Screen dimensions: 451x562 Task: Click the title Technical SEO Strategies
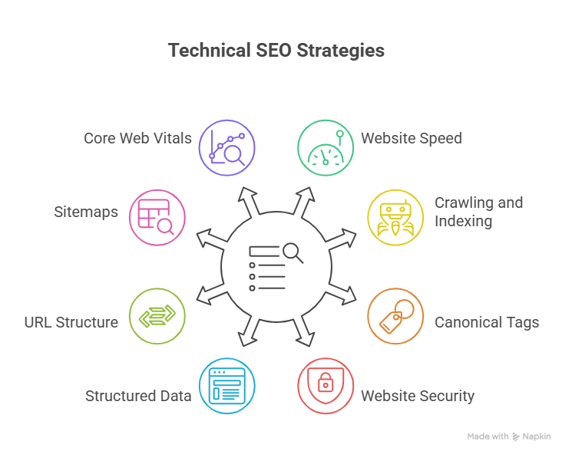coord(276,51)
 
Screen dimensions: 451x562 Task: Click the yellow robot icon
coord(395,217)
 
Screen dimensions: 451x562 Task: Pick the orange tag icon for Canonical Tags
coord(395,316)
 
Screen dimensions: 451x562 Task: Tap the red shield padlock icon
coord(326,386)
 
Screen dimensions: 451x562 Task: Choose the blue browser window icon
coord(227,386)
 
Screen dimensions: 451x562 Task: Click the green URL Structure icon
coord(157,316)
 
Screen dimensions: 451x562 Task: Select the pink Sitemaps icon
coord(157,217)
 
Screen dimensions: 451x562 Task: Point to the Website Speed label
coord(412,139)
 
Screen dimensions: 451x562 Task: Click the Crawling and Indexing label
coord(478,212)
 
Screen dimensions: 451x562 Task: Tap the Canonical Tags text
coord(487,322)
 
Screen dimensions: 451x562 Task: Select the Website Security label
coord(418,397)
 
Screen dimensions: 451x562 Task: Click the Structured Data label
coord(138,397)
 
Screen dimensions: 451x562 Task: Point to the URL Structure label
coord(71,322)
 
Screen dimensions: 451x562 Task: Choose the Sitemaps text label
coord(87,212)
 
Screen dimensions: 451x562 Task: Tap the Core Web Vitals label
coord(137,139)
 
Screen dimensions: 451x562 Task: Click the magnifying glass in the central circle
coord(293,252)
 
